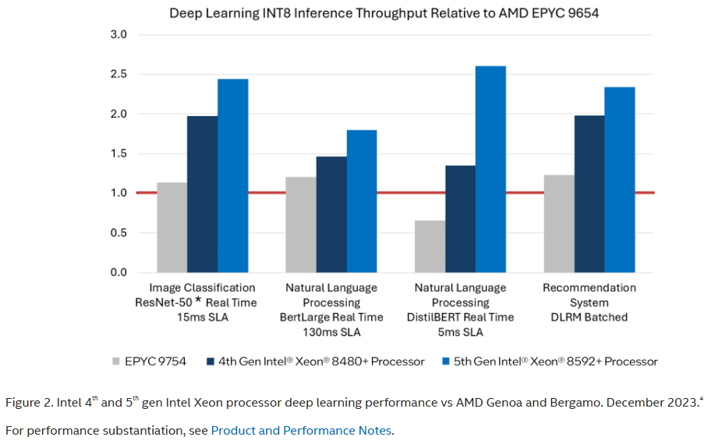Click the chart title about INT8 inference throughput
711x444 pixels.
(384, 13)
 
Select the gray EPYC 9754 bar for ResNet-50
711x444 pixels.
(172, 227)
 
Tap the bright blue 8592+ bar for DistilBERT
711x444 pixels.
(490, 170)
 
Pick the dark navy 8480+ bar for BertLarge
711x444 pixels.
(331, 215)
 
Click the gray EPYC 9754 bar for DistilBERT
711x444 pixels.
(430, 246)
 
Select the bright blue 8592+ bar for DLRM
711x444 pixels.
(620, 180)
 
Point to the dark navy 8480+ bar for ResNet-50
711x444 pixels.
(202, 195)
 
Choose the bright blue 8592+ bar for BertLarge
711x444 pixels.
(362, 201)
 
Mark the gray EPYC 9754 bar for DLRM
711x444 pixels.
(559, 224)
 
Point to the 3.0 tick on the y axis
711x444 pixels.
(118, 34)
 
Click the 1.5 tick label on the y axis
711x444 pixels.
(118, 153)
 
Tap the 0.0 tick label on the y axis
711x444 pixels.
(118, 273)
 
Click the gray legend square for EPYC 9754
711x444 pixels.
(116, 361)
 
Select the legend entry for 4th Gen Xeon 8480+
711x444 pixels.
(316, 361)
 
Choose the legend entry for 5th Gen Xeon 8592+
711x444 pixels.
(550, 361)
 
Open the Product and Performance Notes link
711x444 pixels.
(301, 431)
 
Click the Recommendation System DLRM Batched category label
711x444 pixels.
(589, 302)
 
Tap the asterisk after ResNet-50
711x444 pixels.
(198, 300)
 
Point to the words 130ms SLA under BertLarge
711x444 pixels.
(331, 332)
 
